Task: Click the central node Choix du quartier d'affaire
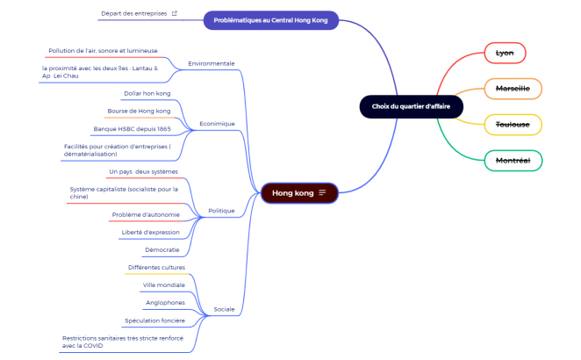pos(412,107)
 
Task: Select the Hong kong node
pos(299,193)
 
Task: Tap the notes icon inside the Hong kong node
pos(322,192)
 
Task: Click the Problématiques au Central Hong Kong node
pos(271,20)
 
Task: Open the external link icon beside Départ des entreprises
pos(174,13)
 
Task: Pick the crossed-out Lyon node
pos(505,53)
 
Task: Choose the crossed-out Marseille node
pos(513,89)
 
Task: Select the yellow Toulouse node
pos(513,125)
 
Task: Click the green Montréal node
pos(513,161)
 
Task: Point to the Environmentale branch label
pos(212,63)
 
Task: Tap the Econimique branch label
pos(217,124)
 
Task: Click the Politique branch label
pos(221,211)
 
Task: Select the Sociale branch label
pos(224,309)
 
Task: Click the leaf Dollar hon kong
pos(147,93)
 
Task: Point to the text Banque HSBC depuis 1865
pos(133,129)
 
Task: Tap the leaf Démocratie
pos(161,250)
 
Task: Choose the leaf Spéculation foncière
pos(154,320)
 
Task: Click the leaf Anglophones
pos(165,303)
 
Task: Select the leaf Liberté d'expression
pos(150,233)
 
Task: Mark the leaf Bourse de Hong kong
pos(139,111)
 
